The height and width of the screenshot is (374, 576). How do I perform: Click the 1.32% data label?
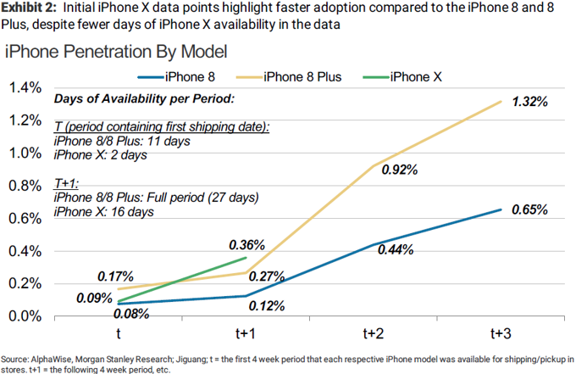(531, 102)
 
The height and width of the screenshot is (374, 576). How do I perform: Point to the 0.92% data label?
(401, 170)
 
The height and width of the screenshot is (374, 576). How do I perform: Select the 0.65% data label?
(531, 209)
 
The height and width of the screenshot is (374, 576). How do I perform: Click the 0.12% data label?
(266, 306)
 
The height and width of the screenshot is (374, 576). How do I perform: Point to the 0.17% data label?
(114, 276)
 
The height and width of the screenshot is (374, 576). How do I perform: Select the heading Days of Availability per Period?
(144, 99)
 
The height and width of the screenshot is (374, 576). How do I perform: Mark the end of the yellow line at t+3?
(501, 101)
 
